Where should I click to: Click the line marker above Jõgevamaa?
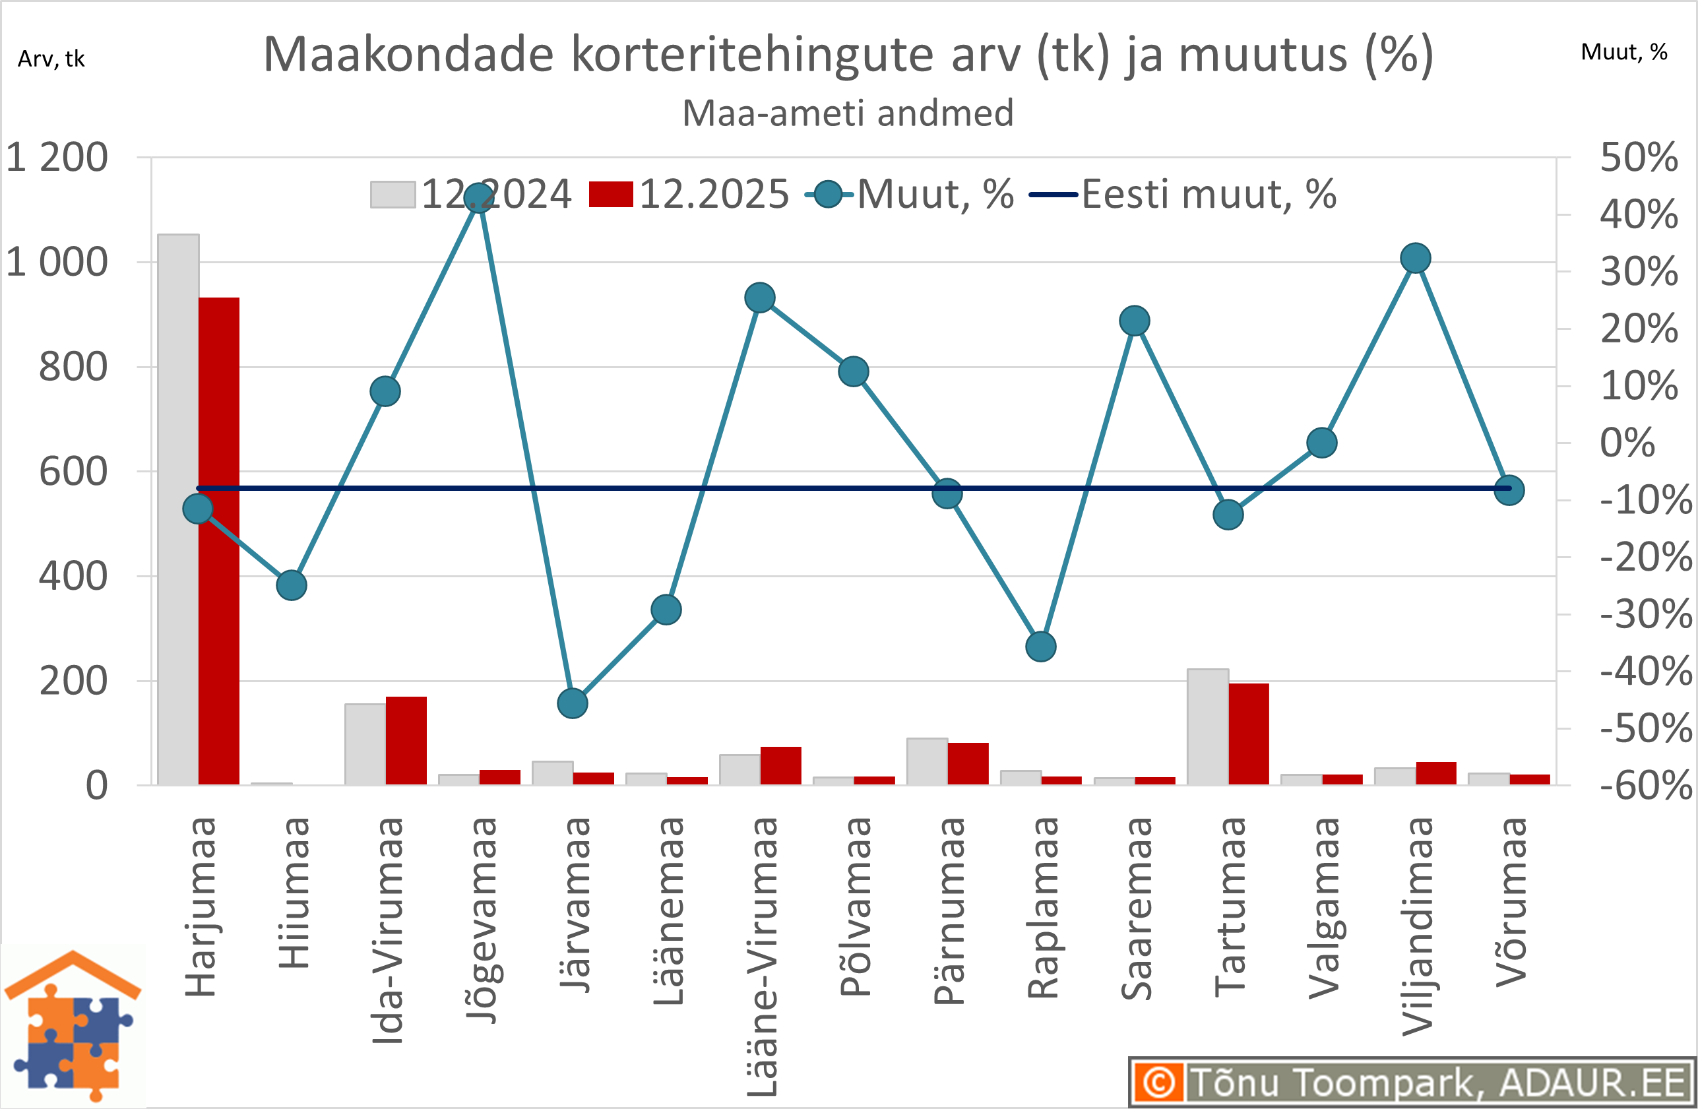479,198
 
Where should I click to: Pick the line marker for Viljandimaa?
1416,259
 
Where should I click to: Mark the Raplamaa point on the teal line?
1041,647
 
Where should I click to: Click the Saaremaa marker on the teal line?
1135,321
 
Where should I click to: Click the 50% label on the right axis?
1638,157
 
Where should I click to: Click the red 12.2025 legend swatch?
611,195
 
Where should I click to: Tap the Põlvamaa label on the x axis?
854,906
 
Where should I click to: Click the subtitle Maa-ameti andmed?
848,113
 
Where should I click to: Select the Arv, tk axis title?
51,59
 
